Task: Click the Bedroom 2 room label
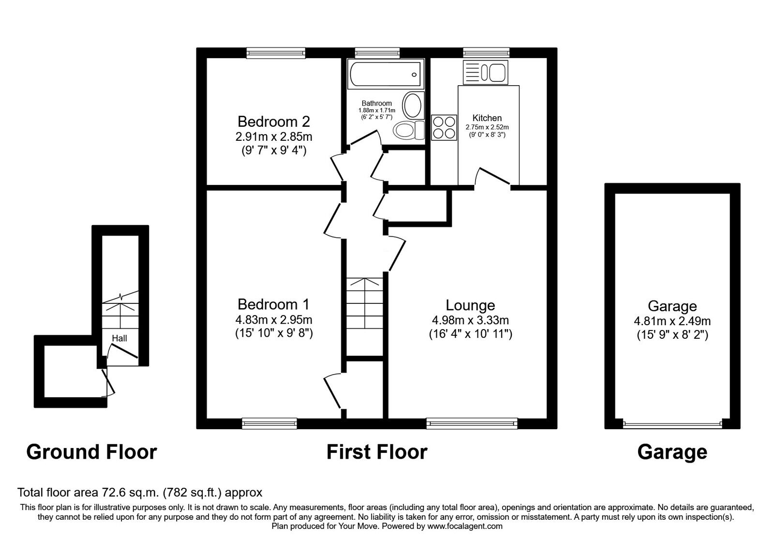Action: (x=273, y=121)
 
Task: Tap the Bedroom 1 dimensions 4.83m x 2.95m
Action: (x=273, y=320)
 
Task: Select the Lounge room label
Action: (x=470, y=305)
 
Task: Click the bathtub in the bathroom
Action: (x=385, y=75)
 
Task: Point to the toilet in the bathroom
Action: (x=409, y=130)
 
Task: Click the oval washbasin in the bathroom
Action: (x=412, y=105)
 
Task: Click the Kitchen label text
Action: (x=487, y=118)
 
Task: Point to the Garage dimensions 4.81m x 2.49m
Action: (x=672, y=321)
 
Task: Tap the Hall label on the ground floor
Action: (x=119, y=338)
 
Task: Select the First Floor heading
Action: (x=377, y=452)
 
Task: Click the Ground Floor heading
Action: (x=91, y=452)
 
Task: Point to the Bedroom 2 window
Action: (x=276, y=52)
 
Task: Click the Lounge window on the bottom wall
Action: (x=472, y=424)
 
